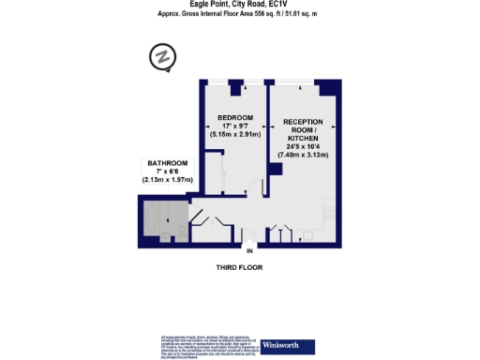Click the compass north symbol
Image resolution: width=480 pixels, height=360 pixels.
[x=163, y=58]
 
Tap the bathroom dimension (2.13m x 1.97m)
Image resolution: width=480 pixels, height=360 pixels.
[x=164, y=178]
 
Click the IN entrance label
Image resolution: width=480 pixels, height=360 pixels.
[x=249, y=251]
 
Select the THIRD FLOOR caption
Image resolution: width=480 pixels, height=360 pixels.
[x=240, y=268]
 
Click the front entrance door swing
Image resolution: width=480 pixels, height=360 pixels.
[x=246, y=236]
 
